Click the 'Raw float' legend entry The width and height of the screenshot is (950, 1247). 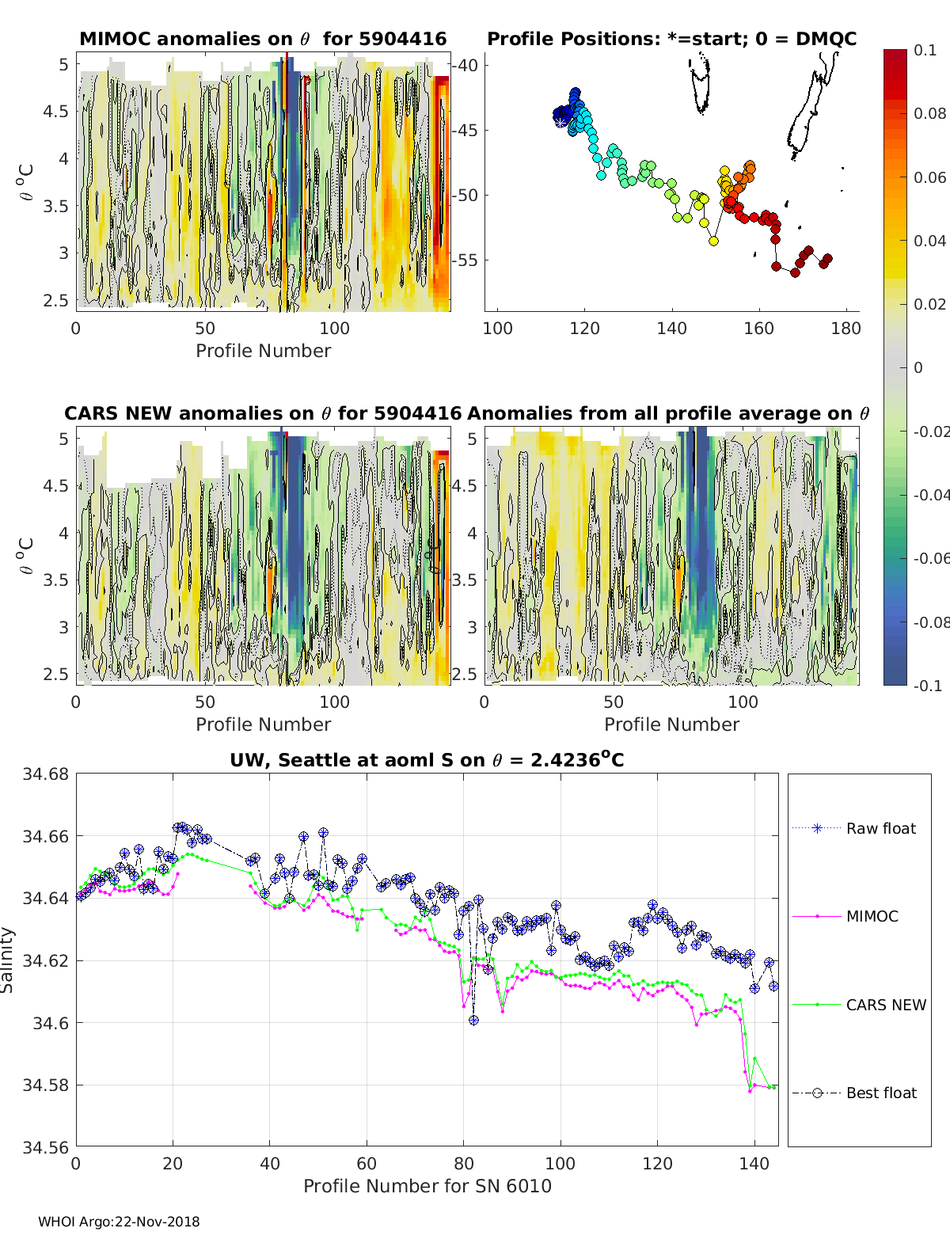(880, 828)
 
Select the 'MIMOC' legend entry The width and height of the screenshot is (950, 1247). (872, 916)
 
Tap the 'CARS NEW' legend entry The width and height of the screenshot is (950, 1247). (886, 1005)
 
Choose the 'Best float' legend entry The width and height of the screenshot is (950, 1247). (881, 1093)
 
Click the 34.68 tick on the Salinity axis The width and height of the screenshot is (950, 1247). (46, 774)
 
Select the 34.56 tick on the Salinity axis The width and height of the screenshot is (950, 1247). (46, 1147)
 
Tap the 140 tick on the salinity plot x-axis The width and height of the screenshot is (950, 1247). (754, 1163)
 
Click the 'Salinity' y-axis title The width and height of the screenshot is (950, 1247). (8, 960)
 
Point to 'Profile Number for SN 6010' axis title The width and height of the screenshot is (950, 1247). (427, 1186)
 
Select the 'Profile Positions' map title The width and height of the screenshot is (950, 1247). (671, 39)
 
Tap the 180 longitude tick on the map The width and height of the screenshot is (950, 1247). (845, 329)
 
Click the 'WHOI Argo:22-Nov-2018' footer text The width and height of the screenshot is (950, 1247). (119, 1222)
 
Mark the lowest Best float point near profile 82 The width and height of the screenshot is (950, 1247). (473, 1021)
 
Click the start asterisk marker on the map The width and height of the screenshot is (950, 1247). (561, 121)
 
